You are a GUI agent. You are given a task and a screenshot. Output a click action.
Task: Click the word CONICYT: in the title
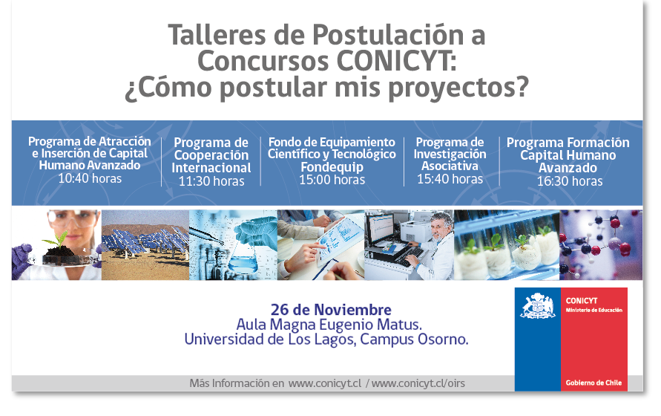(397, 61)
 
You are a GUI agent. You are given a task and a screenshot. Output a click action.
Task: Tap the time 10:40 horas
(90, 178)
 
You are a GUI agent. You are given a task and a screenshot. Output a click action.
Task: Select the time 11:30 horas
(211, 181)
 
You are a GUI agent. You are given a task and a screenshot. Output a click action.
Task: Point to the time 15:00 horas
(332, 180)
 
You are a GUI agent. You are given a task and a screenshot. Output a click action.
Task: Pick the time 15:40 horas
(450, 179)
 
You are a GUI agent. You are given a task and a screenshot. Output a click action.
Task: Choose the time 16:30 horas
(570, 181)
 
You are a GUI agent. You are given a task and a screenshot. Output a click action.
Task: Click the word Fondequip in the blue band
(332, 167)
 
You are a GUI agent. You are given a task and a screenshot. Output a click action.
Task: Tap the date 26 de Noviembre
(331, 310)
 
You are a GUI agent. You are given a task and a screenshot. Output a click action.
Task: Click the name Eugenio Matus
(370, 325)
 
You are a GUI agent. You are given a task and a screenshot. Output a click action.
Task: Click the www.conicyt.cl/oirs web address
(418, 383)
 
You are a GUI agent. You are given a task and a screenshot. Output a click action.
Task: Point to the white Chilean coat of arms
(538, 306)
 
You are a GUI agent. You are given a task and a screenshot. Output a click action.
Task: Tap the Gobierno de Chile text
(593, 383)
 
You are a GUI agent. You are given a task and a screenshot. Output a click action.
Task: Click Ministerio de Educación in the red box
(593, 310)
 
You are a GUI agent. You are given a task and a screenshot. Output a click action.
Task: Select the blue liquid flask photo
(233, 245)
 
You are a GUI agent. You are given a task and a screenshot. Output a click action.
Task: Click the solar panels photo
(145, 245)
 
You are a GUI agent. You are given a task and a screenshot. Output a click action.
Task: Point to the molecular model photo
(601, 245)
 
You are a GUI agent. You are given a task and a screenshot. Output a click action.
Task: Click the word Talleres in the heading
(217, 35)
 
